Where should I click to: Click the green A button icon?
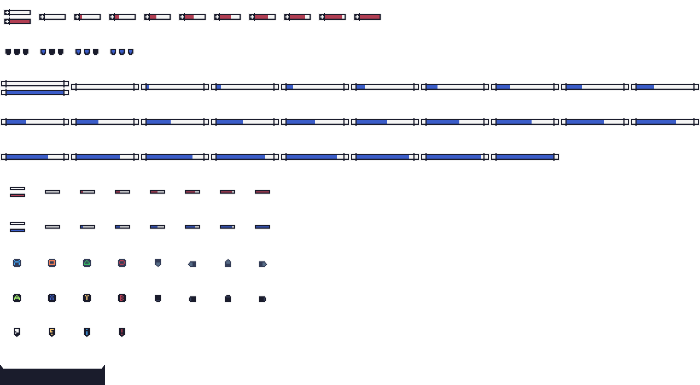(x=17, y=298)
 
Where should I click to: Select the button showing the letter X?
(x=52, y=298)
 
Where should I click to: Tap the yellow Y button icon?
(x=87, y=298)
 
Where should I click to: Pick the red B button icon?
(x=122, y=298)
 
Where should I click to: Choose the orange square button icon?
(x=52, y=263)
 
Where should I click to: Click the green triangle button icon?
(x=87, y=263)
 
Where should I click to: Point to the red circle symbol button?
(x=122, y=263)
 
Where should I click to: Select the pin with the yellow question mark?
(x=52, y=332)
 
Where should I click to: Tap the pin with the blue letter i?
(x=87, y=332)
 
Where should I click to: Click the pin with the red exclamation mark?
(x=122, y=332)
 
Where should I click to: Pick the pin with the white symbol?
(x=17, y=332)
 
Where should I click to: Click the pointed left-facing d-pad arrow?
(x=192, y=264)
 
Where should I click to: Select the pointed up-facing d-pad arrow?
(x=228, y=263)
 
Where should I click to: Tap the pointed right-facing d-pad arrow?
(x=263, y=264)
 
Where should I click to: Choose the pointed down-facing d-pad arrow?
(x=158, y=263)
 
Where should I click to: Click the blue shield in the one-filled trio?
(x=43, y=52)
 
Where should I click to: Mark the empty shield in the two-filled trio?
(x=96, y=52)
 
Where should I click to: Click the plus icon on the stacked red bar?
(x=7, y=22)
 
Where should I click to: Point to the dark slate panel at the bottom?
(x=52, y=376)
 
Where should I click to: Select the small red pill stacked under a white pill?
(x=17, y=195)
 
